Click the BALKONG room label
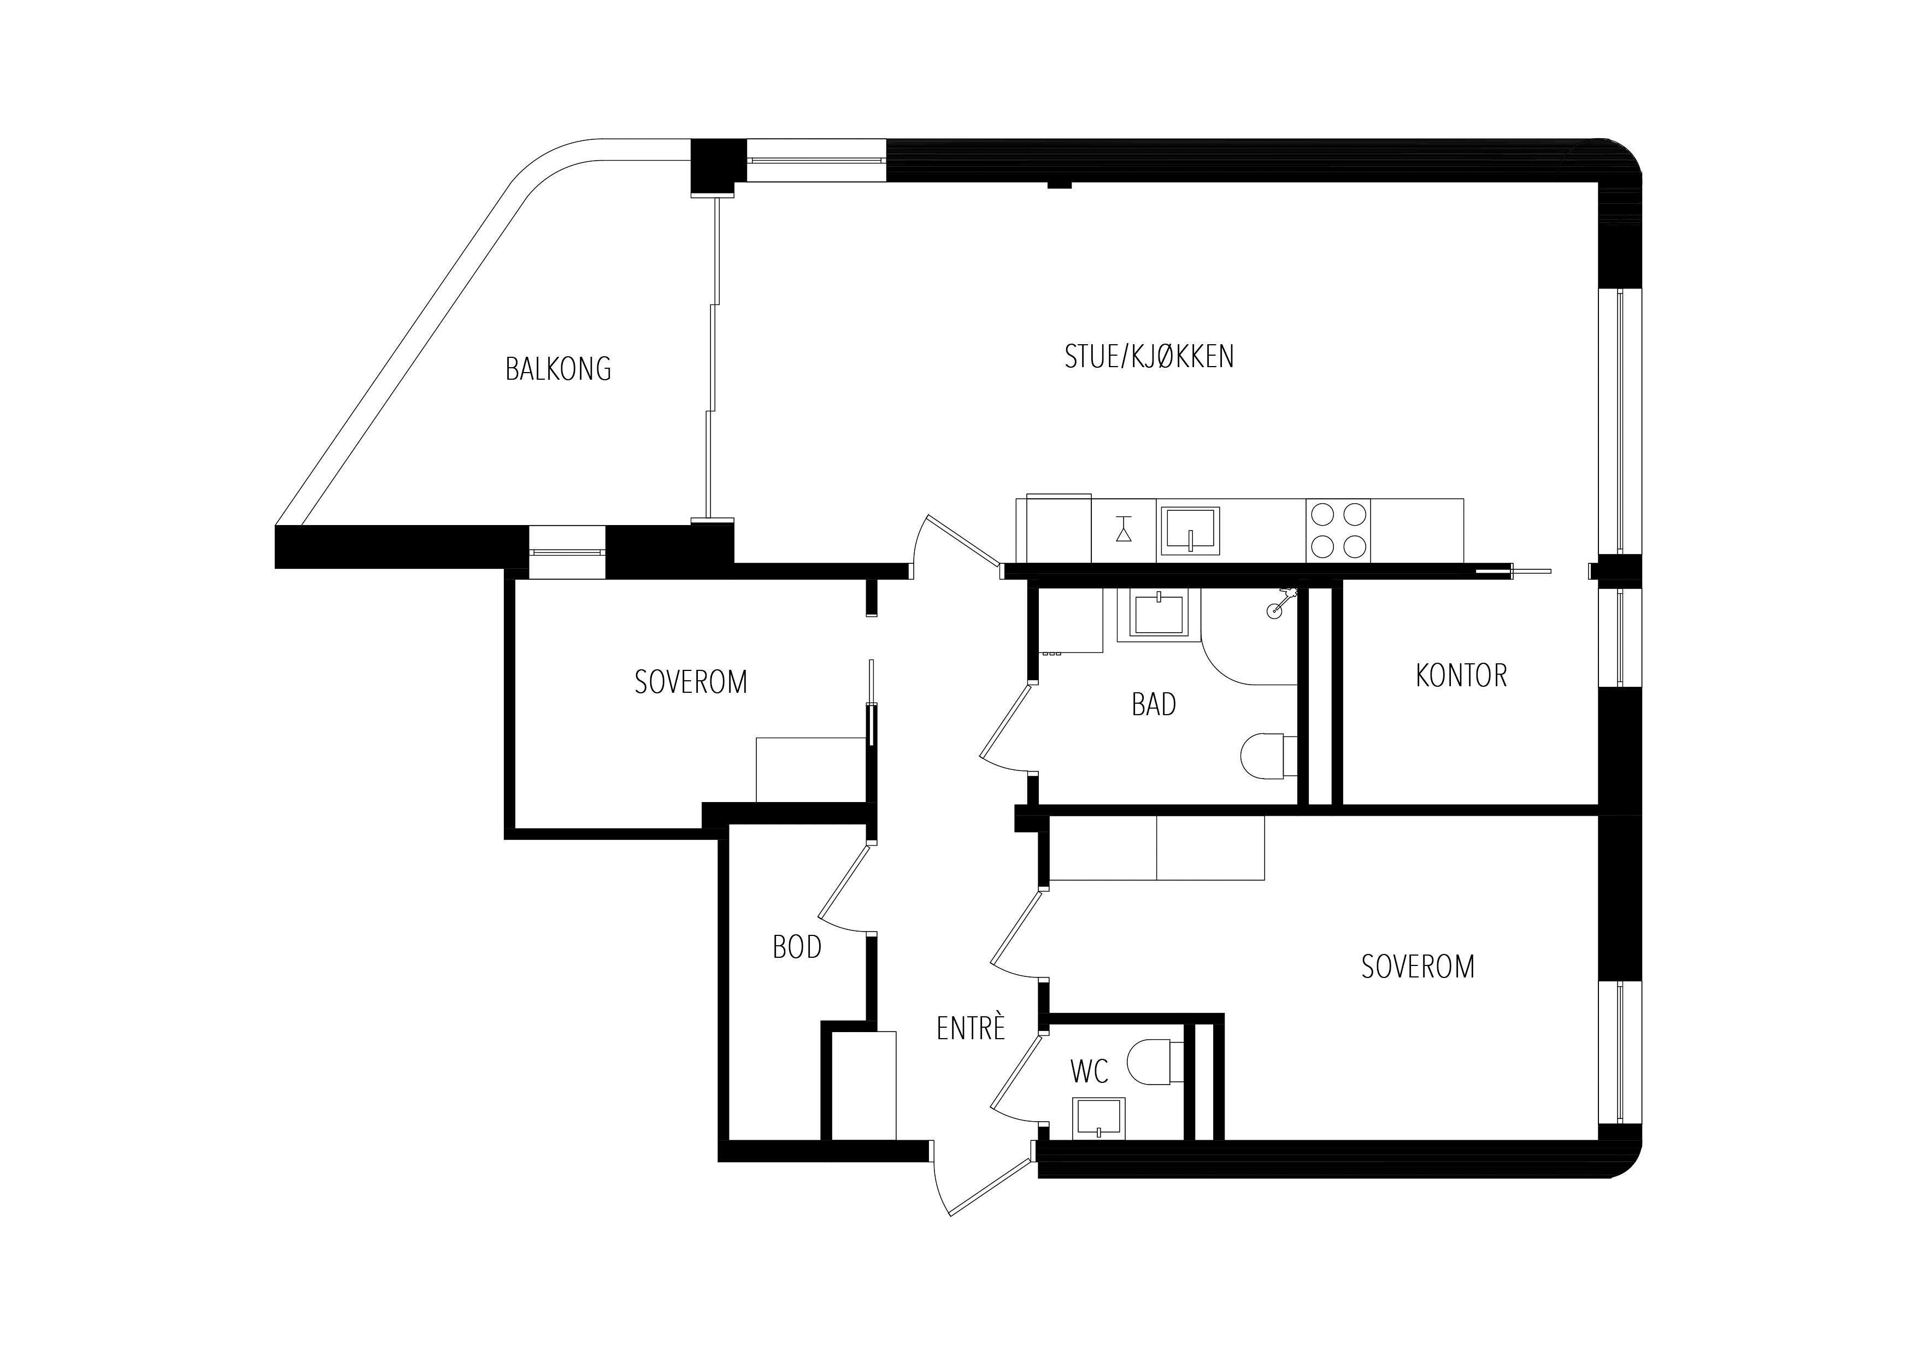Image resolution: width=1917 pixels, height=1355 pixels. click(558, 368)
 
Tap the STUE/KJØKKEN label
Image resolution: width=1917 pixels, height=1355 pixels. click(1149, 356)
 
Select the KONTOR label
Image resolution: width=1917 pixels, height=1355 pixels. click(1461, 675)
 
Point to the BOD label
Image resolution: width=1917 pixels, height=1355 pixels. click(797, 947)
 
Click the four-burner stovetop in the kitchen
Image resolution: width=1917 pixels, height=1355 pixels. click(1338, 530)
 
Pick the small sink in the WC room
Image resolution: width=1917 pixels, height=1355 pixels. click(1098, 1118)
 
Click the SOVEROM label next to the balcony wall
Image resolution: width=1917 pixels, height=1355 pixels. click(691, 682)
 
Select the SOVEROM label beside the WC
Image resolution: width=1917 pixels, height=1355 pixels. click(1418, 966)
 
